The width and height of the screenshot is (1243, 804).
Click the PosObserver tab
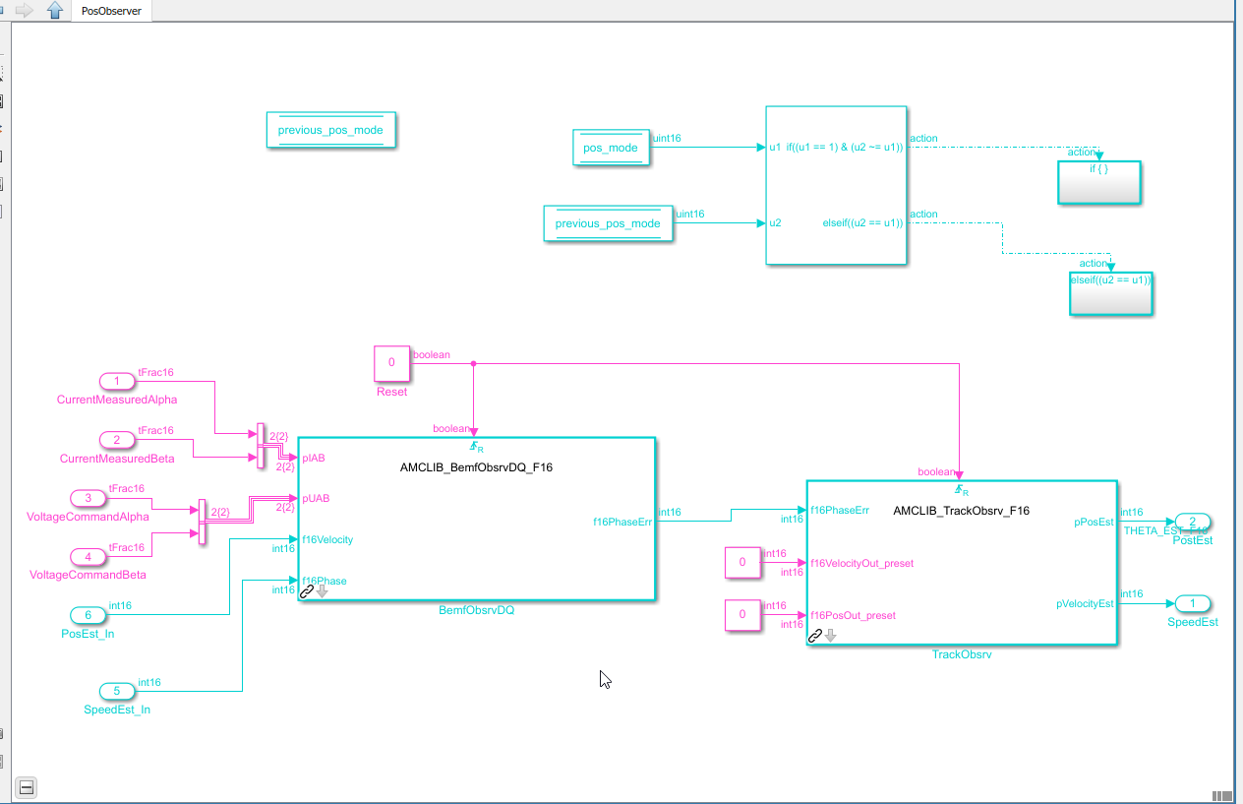click(111, 11)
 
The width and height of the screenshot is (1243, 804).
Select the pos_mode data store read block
click(611, 148)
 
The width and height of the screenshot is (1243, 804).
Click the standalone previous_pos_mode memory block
click(330, 130)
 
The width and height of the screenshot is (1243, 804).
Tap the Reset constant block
click(391, 363)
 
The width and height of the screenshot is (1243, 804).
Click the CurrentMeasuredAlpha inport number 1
click(118, 381)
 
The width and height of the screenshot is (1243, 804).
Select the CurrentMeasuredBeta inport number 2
click(117, 439)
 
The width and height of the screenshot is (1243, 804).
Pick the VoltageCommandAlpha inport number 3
click(89, 498)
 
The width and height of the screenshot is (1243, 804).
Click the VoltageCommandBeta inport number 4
click(89, 556)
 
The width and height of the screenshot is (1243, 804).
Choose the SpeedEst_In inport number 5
click(117, 691)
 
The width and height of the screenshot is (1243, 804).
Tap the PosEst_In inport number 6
click(89, 615)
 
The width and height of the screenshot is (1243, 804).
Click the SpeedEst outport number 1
click(1193, 603)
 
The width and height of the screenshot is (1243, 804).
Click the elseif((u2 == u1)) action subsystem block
click(1111, 293)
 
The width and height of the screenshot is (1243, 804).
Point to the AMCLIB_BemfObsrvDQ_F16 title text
click(476, 467)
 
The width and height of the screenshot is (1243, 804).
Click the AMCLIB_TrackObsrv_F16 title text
click(961, 511)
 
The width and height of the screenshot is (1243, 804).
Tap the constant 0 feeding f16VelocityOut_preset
click(742, 563)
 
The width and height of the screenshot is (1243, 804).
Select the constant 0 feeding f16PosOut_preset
click(742, 614)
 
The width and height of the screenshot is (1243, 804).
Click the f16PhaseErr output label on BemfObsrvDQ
click(622, 522)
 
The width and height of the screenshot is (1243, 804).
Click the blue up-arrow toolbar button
click(55, 11)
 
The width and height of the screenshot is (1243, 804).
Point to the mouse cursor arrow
click(606, 679)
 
